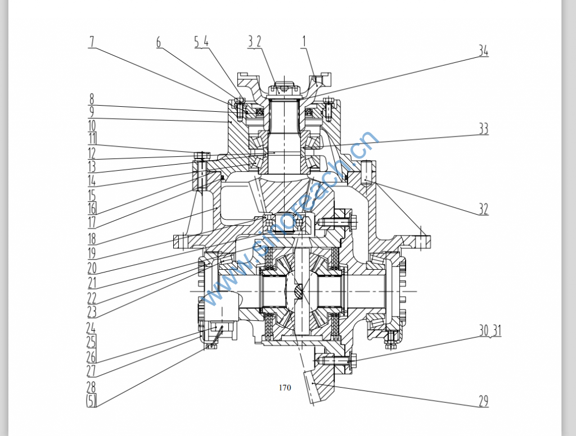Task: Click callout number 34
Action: [483, 51]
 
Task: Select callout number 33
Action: [483, 129]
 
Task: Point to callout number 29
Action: [483, 401]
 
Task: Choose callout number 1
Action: [304, 40]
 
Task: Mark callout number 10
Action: [92, 125]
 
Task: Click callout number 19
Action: [92, 253]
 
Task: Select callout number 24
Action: [92, 327]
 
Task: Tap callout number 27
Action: [92, 371]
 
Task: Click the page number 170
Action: [285, 388]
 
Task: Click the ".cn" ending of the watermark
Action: [364, 144]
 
